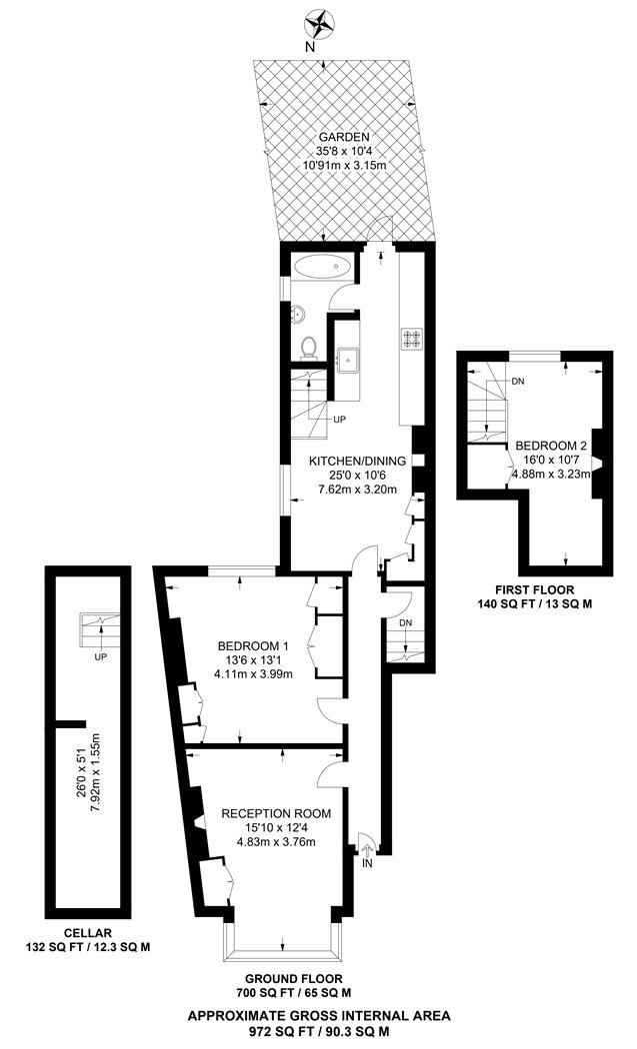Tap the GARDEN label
pos(344,137)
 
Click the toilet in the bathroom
pos(310,346)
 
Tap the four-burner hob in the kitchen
pos(410,339)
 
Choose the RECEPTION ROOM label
pos(275,812)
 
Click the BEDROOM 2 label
pos(550,445)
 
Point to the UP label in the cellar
pos(100,658)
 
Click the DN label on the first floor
pos(516,381)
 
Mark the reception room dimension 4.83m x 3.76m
pos(275,841)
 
